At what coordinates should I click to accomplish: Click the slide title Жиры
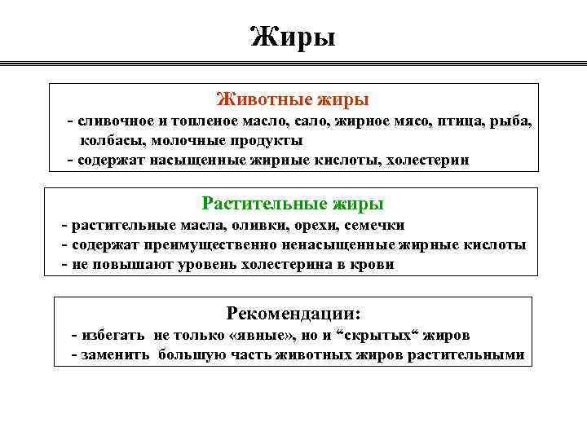[293, 37]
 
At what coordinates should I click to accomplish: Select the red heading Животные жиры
[293, 99]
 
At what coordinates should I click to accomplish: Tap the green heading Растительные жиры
[293, 204]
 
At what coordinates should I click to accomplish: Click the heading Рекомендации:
[293, 314]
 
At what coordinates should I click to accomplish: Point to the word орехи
[311, 226]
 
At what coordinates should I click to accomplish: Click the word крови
[372, 265]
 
